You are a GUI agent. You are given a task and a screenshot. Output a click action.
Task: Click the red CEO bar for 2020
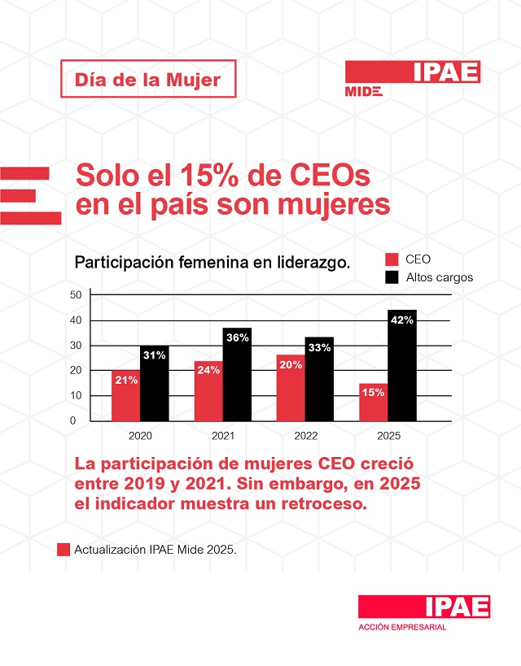tap(125, 395)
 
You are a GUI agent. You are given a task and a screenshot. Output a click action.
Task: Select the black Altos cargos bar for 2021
tap(237, 374)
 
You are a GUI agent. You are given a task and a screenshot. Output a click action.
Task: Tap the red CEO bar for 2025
tap(374, 402)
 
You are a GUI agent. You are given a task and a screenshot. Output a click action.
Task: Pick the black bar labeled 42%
tap(402, 365)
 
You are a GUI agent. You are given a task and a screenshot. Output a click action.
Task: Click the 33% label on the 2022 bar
tap(319, 347)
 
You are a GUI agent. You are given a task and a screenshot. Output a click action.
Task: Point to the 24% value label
tap(208, 370)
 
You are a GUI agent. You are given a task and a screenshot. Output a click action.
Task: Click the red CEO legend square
tap(392, 259)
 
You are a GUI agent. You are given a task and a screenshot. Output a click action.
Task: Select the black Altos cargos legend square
tap(392, 277)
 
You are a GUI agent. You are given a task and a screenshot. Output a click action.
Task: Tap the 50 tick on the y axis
tap(76, 294)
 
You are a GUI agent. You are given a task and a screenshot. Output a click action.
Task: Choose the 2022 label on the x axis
tap(306, 437)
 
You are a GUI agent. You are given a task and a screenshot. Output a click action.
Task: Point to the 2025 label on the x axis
tap(388, 437)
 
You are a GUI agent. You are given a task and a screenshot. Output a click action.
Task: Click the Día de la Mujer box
tap(148, 80)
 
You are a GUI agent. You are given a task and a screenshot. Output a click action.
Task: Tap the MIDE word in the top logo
tap(363, 91)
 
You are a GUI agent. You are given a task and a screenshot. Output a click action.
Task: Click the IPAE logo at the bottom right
tap(424, 607)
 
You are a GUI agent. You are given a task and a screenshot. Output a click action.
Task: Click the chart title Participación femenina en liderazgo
tap(212, 263)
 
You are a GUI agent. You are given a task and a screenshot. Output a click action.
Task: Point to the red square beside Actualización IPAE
tap(63, 550)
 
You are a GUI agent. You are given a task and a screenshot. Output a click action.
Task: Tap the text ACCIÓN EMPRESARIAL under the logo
tap(402, 627)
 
